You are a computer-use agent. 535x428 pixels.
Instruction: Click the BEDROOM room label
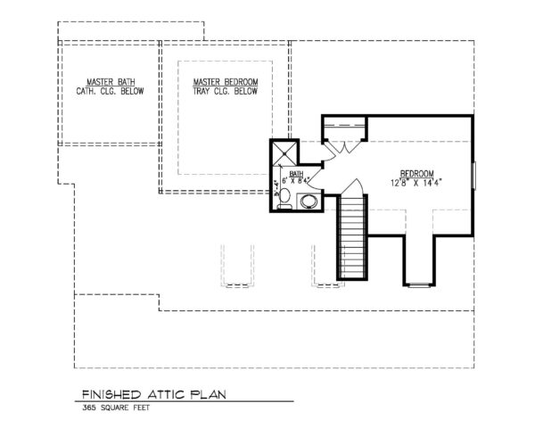[416, 173]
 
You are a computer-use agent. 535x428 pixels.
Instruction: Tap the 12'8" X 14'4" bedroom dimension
[416, 183]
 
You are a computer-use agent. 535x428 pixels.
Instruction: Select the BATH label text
[295, 173]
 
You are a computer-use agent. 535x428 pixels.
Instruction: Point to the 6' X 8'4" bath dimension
[295, 182]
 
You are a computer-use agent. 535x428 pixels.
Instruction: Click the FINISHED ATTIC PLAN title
[151, 393]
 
